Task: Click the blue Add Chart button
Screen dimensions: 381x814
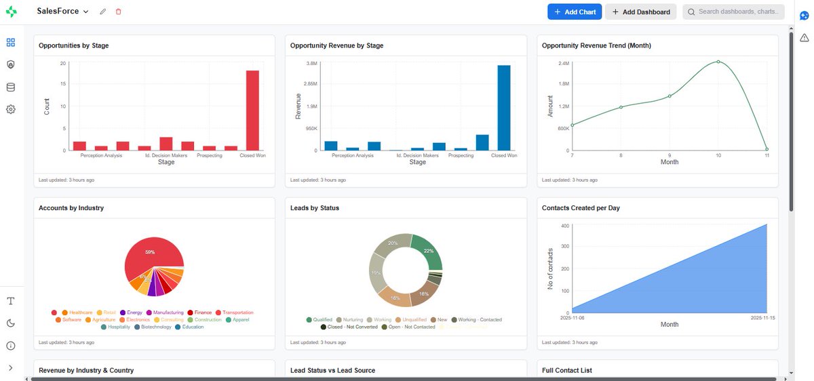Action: coord(574,12)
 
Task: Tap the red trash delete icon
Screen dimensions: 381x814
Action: coord(119,12)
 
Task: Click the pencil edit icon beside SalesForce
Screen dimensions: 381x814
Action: coord(103,12)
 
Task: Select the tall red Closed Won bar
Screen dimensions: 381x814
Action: coord(252,110)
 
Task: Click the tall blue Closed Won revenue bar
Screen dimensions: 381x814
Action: coord(503,107)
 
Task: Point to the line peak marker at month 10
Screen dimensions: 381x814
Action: coord(718,62)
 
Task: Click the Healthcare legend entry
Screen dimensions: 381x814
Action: coord(80,313)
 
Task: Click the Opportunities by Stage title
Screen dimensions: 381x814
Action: coord(74,46)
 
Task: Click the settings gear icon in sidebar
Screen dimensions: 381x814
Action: coord(11,109)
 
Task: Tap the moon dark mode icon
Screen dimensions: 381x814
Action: coord(11,323)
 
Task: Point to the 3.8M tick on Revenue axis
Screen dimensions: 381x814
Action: coord(311,63)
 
